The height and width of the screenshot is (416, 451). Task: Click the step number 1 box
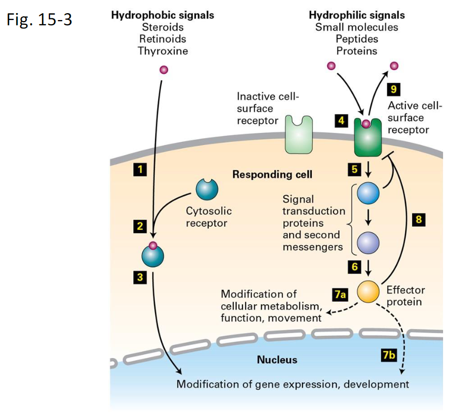(x=140, y=169)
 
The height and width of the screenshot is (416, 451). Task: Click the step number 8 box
(x=418, y=220)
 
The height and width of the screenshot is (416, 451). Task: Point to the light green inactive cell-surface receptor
(x=298, y=134)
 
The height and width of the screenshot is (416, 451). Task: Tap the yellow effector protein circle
(x=368, y=291)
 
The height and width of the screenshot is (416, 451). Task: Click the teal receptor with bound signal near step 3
(x=153, y=255)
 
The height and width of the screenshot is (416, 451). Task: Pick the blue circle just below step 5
(x=368, y=194)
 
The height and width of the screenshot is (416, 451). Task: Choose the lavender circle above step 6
(x=368, y=243)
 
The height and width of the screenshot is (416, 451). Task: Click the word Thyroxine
(x=163, y=51)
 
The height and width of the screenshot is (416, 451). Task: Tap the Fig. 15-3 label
(x=39, y=20)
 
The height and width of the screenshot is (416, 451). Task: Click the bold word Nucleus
(x=277, y=361)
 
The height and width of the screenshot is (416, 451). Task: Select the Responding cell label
(x=272, y=175)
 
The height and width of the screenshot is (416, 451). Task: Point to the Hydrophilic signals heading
(x=357, y=15)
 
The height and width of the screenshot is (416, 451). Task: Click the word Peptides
(x=357, y=40)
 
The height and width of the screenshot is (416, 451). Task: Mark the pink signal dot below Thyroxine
(x=163, y=70)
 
